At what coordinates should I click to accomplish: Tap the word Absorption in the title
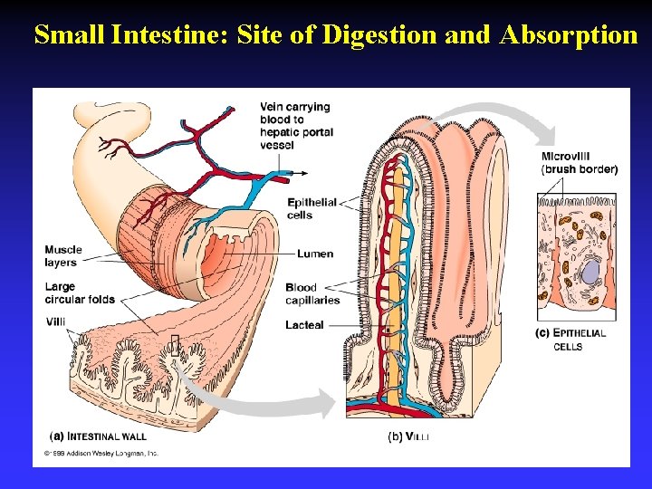pos(564,35)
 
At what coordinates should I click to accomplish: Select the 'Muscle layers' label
pos(62,255)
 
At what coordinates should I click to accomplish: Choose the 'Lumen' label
pos(315,254)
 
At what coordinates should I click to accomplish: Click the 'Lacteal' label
pos(305,324)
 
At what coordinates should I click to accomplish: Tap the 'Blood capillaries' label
pos(312,294)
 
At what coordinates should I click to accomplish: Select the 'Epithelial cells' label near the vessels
pos(312,208)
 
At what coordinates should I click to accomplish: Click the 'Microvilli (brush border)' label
pos(580,163)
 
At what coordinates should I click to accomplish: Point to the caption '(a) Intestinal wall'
pos(95,435)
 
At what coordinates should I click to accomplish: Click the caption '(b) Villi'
pos(408,436)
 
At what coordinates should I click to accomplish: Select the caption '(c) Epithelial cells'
pos(570,340)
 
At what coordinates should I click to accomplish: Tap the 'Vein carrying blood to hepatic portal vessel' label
pos(296,126)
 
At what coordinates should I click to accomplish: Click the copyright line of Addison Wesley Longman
pos(101,451)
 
